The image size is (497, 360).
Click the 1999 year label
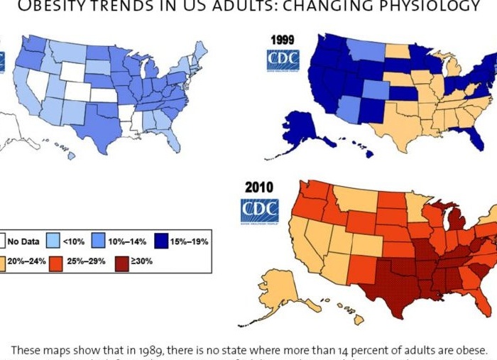(283, 40)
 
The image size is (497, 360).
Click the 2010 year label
(259, 187)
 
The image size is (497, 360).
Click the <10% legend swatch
(54, 241)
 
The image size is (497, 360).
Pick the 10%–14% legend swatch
(99, 241)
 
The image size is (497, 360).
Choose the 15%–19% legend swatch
(155, 241)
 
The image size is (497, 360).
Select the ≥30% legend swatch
(121, 261)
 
